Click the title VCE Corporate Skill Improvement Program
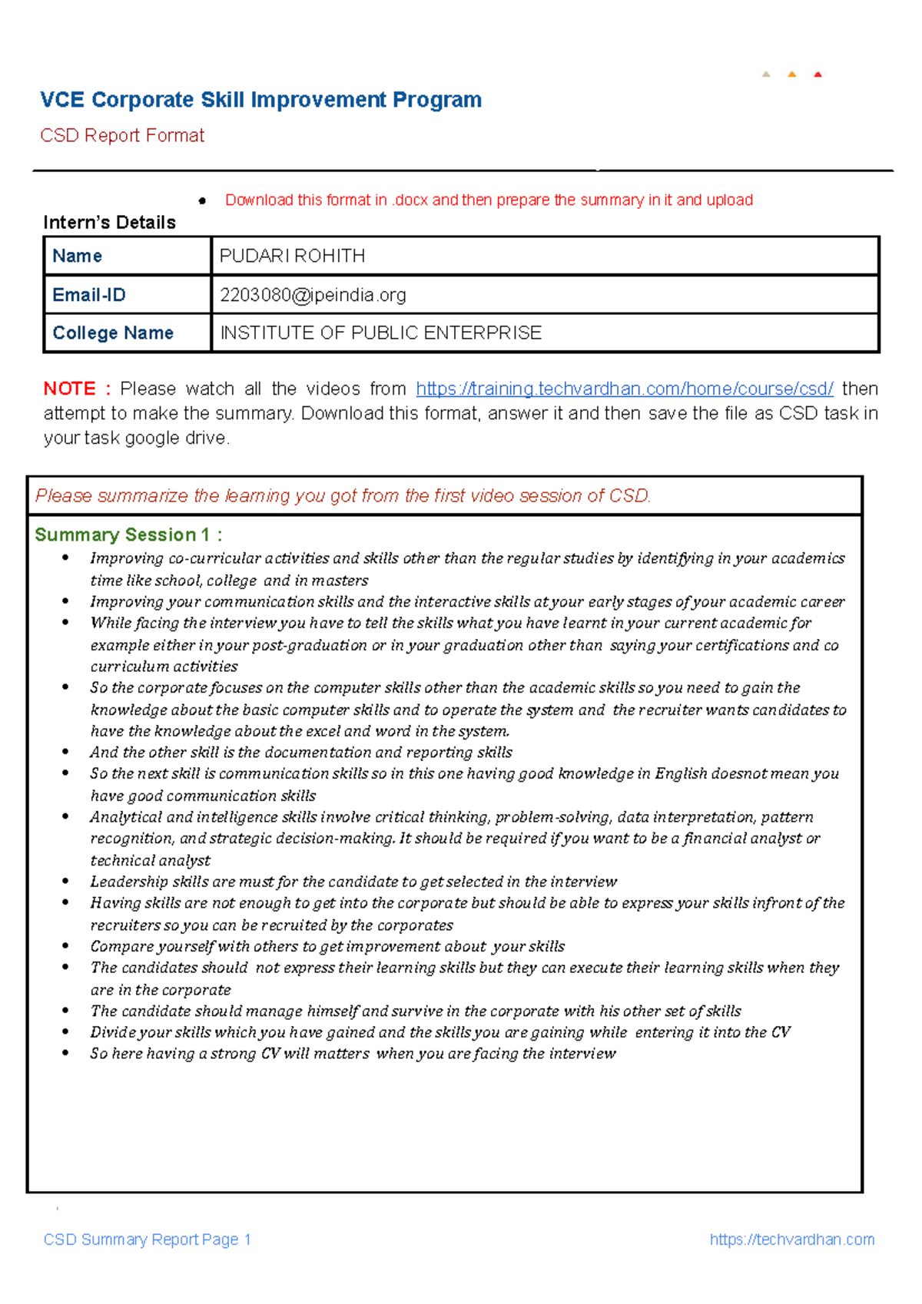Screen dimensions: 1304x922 tap(260, 100)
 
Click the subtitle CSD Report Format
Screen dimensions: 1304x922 tap(122, 136)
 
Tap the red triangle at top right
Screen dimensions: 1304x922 tap(818, 74)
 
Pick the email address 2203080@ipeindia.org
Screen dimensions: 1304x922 tap(313, 295)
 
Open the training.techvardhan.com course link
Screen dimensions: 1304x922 tap(624, 389)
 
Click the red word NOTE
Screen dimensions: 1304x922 tap(69, 389)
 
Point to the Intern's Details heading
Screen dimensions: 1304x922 tap(109, 223)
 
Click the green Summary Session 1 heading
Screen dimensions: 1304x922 tap(128, 535)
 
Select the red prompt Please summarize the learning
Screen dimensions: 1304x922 tap(343, 496)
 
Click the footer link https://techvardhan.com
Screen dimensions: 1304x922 tap(791, 1239)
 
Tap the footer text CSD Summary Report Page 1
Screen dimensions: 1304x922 tap(147, 1239)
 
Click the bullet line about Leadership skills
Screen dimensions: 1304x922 tap(353, 882)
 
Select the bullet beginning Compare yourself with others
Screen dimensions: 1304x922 tap(327, 946)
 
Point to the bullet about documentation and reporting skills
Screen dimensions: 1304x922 tap(301, 753)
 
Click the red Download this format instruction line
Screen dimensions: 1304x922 tap(489, 200)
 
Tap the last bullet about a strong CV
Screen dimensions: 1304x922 tap(353, 1054)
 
